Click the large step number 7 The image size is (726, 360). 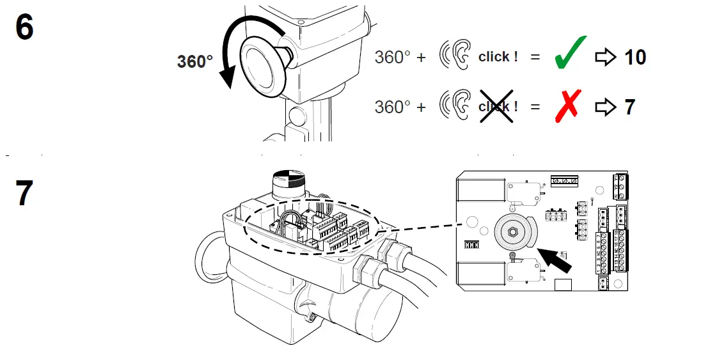coord(24,194)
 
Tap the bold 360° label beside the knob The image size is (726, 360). coord(195,62)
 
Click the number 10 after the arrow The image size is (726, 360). coord(635,57)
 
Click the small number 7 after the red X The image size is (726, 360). coord(630,107)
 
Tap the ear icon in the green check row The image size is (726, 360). coord(455,56)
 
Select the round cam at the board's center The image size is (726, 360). coord(512,231)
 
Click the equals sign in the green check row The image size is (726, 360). coord(535,57)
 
